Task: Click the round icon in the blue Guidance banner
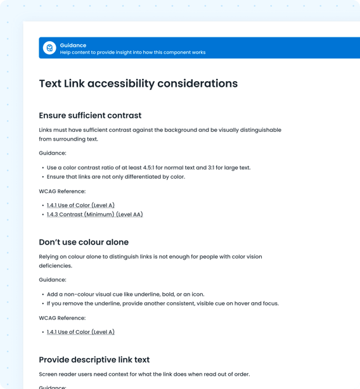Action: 49,48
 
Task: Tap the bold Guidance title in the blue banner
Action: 73,45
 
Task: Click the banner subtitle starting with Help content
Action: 132,53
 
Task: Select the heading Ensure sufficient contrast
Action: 90,115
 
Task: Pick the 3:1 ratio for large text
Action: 214,168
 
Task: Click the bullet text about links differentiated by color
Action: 116,177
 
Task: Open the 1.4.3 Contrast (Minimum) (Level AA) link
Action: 95,214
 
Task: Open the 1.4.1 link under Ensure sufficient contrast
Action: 80,205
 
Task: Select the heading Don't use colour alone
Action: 84,242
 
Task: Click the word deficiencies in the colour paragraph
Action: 55,265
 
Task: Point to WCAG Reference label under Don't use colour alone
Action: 62,318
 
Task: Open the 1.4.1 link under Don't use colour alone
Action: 80,332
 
